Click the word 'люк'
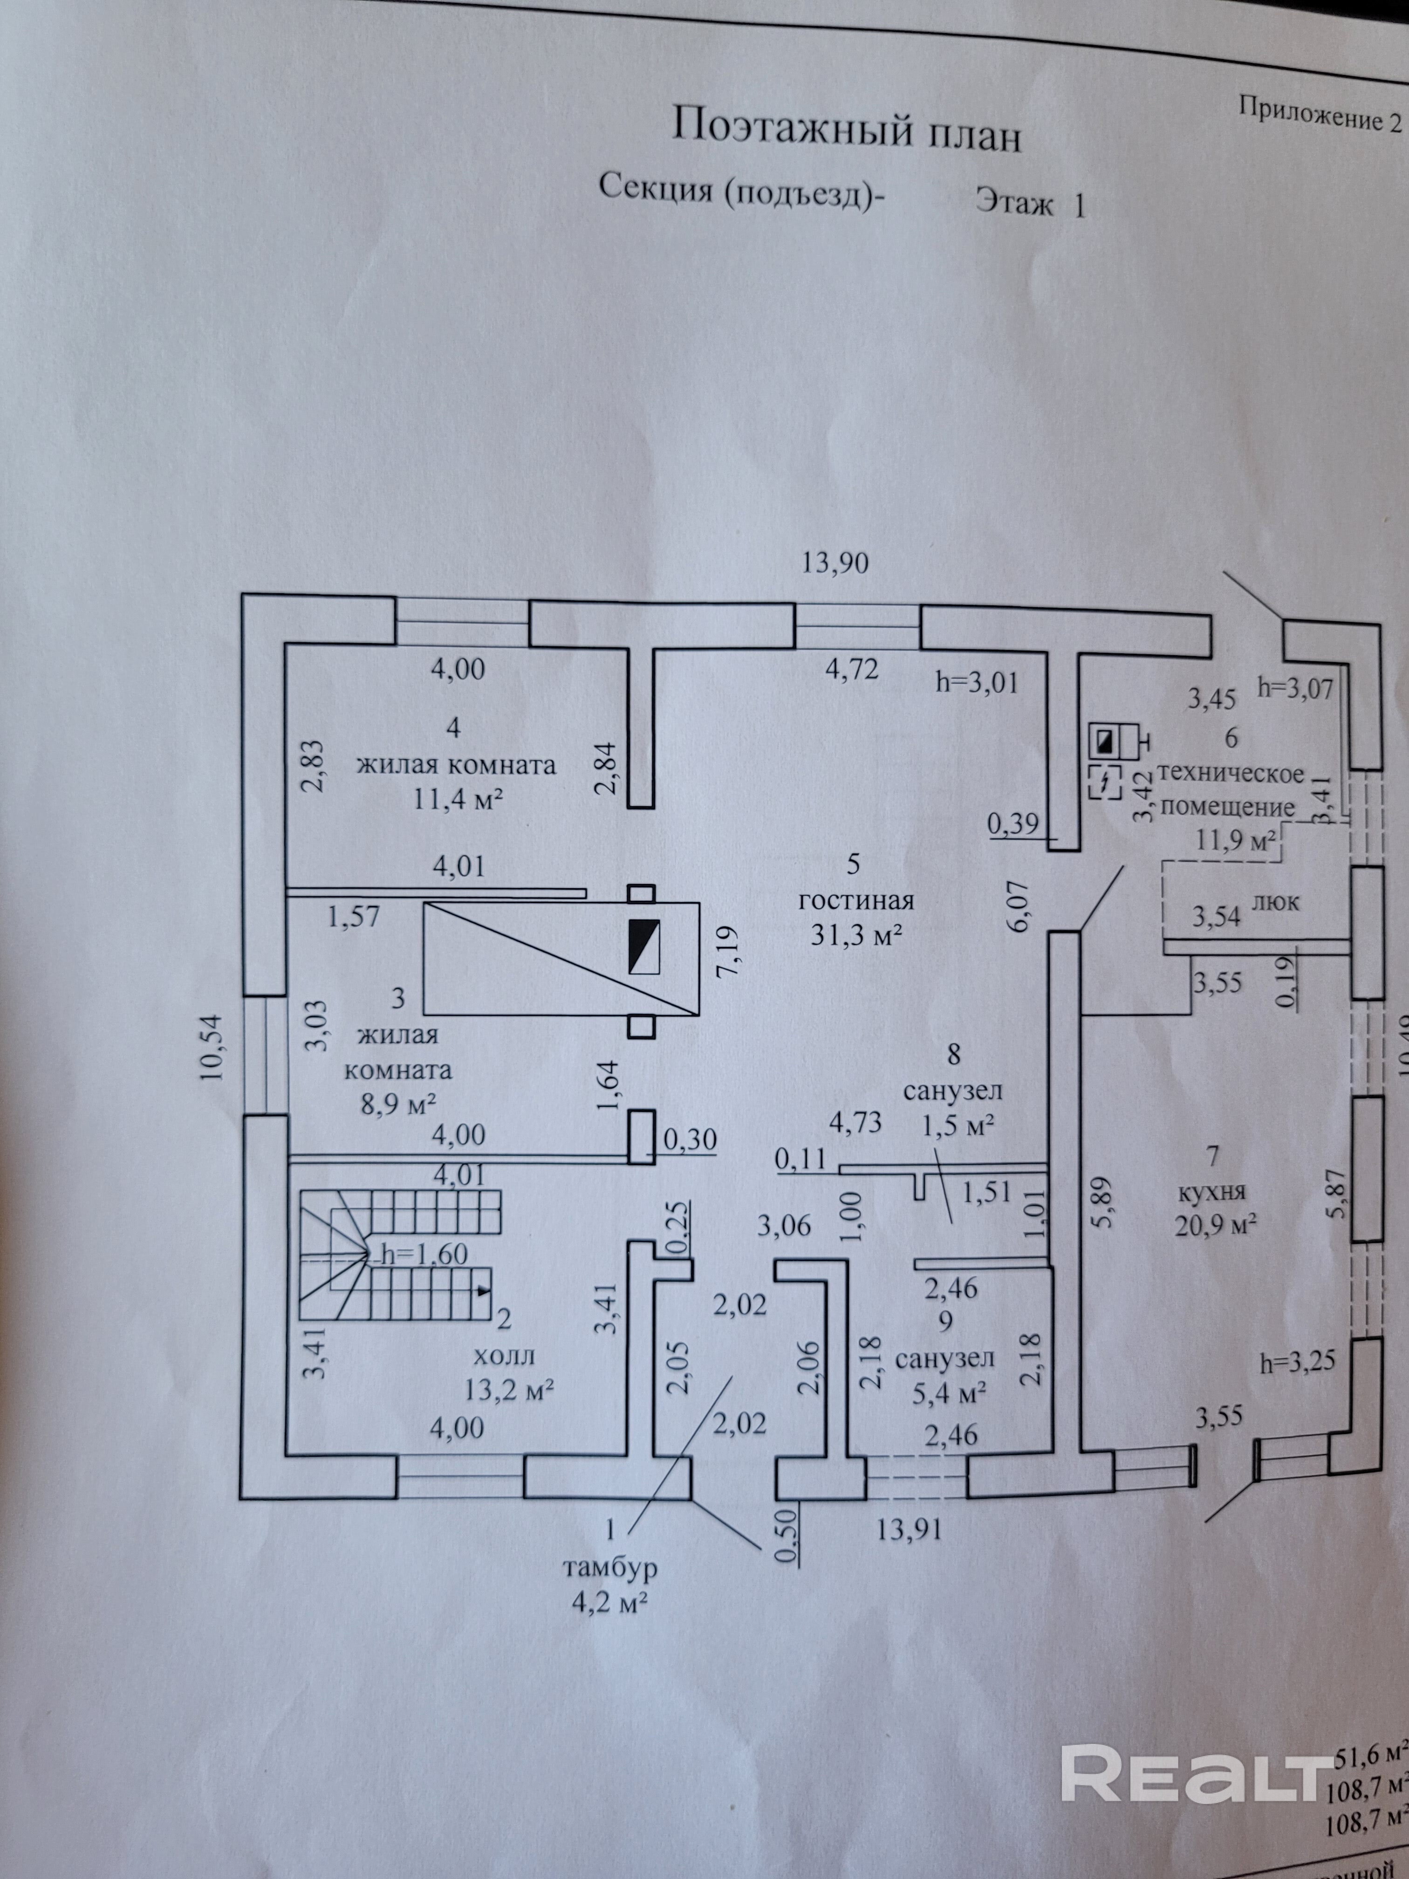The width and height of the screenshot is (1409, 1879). click(x=1277, y=902)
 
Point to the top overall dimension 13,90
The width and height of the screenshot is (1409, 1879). click(x=836, y=562)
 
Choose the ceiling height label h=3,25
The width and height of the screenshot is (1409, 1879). click(x=1298, y=1363)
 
